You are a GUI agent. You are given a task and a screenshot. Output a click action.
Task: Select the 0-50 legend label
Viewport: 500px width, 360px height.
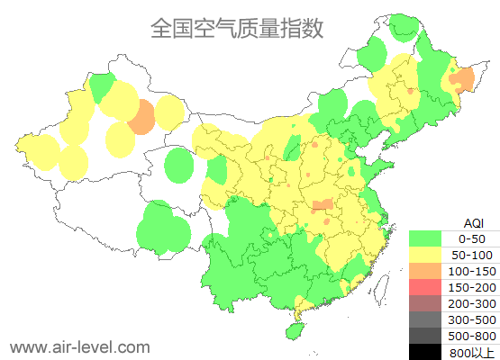tap(472, 238)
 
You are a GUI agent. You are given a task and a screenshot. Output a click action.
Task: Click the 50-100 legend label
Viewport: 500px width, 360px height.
tap(472, 255)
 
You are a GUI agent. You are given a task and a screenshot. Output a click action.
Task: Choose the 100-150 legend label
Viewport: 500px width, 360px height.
tap(472, 271)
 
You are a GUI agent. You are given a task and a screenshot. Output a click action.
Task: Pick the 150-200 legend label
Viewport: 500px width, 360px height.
tap(472, 287)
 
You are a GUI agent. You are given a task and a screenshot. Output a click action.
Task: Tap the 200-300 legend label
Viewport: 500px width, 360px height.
tap(472, 303)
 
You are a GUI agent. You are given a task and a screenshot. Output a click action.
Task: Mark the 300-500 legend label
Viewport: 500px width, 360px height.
tap(472, 319)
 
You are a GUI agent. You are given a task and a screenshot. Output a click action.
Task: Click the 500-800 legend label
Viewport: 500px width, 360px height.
tap(472, 336)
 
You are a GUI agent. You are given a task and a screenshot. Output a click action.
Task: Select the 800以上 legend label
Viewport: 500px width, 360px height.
tap(472, 352)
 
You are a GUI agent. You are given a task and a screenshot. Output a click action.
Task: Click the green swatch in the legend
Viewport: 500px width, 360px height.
tap(425, 238)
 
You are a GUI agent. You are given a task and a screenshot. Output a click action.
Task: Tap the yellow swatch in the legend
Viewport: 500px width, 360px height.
tap(425, 255)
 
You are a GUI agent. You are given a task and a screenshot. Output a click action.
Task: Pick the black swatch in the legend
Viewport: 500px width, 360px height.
tap(425, 352)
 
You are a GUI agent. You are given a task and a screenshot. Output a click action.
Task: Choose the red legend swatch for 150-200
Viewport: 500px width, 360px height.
tap(425, 287)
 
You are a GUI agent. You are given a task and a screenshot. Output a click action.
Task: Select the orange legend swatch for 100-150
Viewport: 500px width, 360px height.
tap(425, 271)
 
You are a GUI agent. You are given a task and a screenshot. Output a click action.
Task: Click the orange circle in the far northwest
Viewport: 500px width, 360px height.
tap(141, 118)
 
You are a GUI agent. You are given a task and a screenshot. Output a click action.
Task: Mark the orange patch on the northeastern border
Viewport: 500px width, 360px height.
tap(461, 81)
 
